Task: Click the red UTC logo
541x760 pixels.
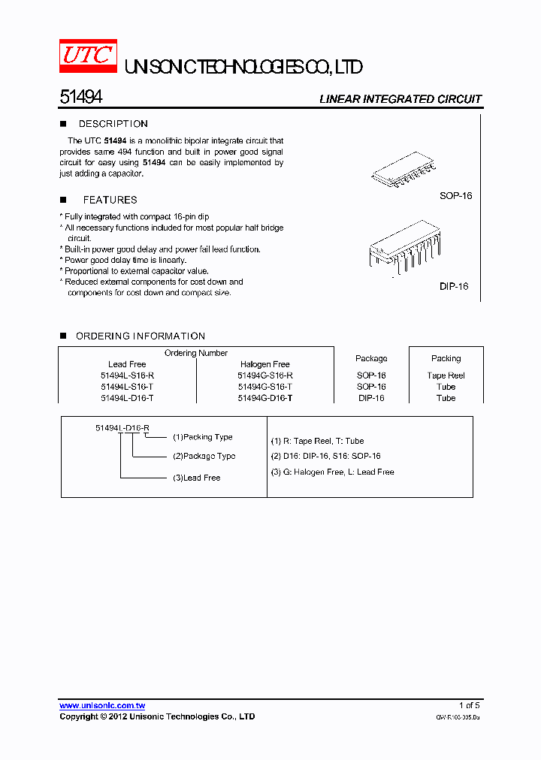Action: point(89,56)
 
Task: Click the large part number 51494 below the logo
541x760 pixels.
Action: point(80,98)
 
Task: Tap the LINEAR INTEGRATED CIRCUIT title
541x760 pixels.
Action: point(400,99)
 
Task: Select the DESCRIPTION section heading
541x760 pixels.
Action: point(113,124)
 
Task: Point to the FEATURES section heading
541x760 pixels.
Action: point(110,200)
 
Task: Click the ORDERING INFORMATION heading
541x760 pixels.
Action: point(141,336)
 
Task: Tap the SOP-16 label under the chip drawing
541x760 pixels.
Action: point(456,196)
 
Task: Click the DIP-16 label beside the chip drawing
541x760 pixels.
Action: point(454,286)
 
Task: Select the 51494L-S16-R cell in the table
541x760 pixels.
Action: point(127,375)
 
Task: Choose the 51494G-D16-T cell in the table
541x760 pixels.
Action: point(264,398)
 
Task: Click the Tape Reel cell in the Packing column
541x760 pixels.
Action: point(446,375)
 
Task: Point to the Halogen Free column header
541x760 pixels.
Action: point(264,364)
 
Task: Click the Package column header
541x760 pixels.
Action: point(371,358)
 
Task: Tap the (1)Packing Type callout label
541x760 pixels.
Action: point(203,437)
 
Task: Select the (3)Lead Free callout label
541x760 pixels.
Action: point(196,478)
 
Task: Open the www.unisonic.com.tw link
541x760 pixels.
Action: point(102,705)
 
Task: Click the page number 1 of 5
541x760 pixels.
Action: point(469,705)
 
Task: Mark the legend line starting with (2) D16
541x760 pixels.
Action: point(325,456)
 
